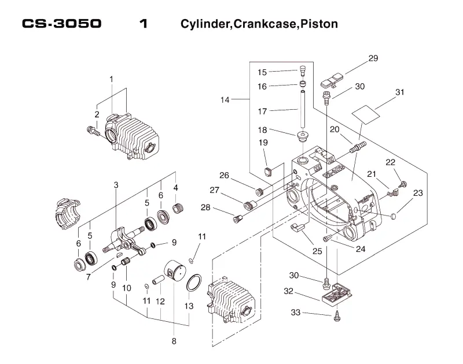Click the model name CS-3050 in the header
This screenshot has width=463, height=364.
click(x=62, y=24)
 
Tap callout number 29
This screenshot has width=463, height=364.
click(x=373, y=58)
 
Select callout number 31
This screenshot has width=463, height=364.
click(x=399, y=92)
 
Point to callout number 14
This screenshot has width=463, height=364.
click(x=225, y=100)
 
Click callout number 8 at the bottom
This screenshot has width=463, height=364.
click(x=174, y=341)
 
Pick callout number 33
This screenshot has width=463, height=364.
click(x=296, y=313)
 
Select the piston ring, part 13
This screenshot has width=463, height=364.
click(x=194, y=283)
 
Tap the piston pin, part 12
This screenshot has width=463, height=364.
click(x=158, y=280)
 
